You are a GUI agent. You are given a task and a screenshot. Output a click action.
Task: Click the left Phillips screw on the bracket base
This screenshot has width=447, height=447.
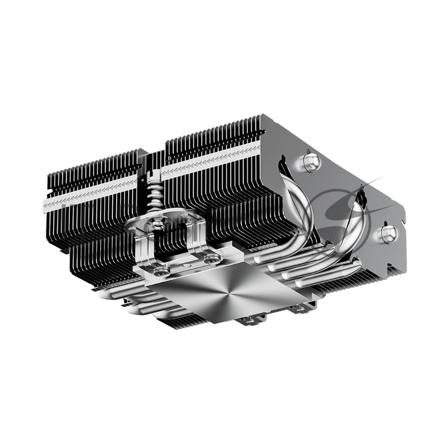pos(162,273)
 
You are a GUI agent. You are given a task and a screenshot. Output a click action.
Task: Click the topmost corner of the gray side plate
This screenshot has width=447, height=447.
pos(263,116)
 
